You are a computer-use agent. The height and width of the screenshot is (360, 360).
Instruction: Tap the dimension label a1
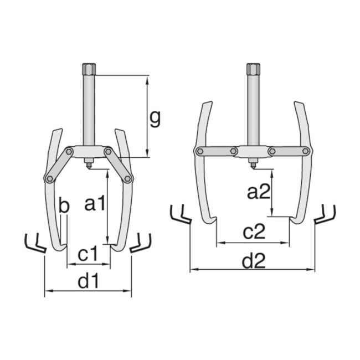point(94,204)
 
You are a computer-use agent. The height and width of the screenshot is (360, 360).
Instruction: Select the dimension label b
point(64,207)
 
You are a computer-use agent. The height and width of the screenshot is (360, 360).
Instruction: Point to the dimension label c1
point(88,255)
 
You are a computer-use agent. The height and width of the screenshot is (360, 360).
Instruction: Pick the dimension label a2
point(258,192)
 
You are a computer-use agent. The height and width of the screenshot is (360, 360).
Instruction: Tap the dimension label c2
point(254,233)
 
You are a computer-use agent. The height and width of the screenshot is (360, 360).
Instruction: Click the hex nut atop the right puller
point(253,70)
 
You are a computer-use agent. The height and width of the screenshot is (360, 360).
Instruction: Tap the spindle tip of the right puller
point(253,164)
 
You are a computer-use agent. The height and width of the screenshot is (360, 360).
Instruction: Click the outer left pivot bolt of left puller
point(50,178)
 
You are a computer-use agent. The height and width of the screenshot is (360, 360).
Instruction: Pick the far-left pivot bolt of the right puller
point(199,151)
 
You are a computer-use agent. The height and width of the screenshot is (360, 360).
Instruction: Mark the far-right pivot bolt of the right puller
point(305,151)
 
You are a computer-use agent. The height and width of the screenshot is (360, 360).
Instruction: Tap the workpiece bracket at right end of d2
point(325,215)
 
